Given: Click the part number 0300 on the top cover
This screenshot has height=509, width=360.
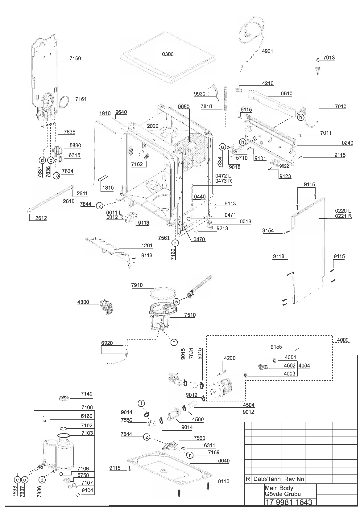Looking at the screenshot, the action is point(168,54).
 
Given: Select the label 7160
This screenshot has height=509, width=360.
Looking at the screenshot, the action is point(75,58).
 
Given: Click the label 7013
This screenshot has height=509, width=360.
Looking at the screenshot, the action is point(329,58).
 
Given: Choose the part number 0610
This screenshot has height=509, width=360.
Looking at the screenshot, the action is point(286,93).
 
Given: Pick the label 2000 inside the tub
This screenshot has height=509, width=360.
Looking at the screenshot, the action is point(152,126).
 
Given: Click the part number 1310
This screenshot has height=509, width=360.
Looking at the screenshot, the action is point(108,188).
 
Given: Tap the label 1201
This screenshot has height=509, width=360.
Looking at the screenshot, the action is point(147,245).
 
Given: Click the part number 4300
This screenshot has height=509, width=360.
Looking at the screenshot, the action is point(83,302).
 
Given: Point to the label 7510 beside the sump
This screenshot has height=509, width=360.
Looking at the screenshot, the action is point(190,315).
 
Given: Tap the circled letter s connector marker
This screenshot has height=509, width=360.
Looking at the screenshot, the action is point(176,302).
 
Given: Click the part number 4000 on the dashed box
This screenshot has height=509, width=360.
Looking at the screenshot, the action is point(343,340).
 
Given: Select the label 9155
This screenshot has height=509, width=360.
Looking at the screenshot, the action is point(276,347).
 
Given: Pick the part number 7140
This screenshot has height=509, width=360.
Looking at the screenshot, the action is point(87,394).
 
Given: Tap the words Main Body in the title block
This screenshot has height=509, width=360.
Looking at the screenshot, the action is point(279,488).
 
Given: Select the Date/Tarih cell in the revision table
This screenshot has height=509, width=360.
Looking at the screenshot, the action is point(267,479).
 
